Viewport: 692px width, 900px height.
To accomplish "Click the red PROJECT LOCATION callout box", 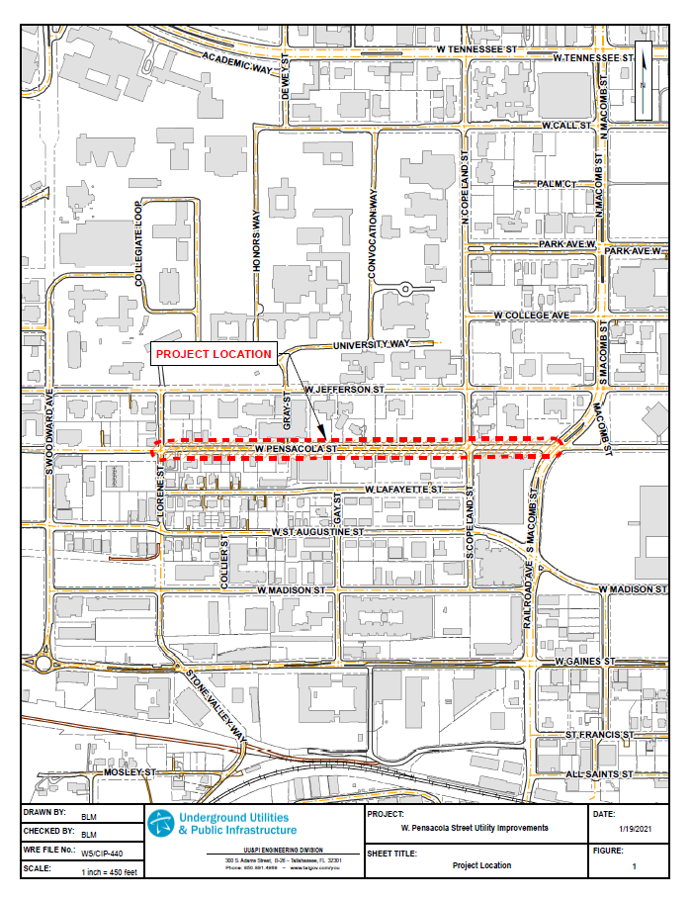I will pos(214,353).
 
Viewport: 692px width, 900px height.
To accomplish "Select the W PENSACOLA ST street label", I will pos(297,448).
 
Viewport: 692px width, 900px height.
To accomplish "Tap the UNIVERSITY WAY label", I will pos(372,344).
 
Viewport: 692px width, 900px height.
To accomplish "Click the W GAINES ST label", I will pos(585,660).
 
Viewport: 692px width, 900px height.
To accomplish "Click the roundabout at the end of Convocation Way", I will pos(405,289).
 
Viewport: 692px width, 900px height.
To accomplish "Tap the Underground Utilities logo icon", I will pos(160,822).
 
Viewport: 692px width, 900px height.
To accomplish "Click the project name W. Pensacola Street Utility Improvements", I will pos(475,828).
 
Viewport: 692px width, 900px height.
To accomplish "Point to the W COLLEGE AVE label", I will pos(531,315).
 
